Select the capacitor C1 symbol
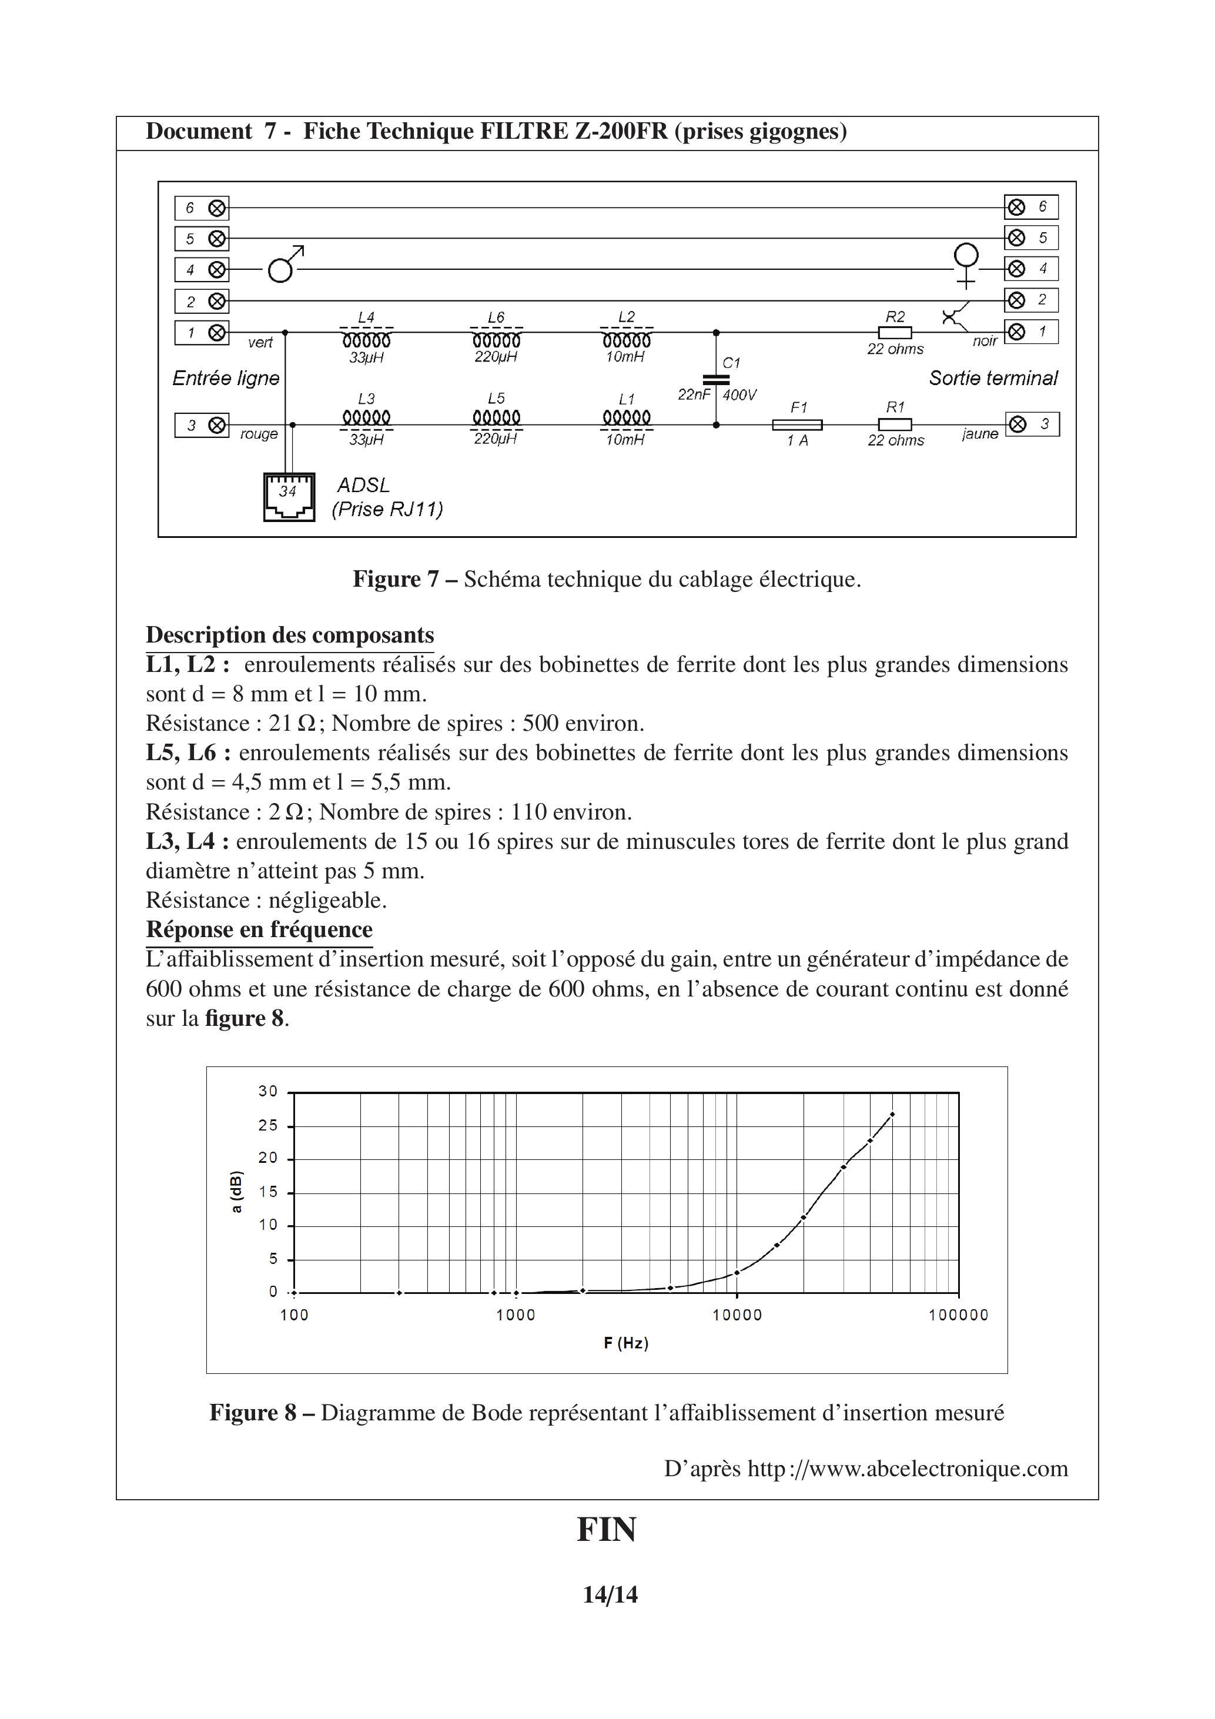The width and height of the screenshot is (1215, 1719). [x=717, y=380]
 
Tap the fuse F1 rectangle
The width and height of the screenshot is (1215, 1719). [x=797, y=425]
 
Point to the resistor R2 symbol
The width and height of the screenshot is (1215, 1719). [x=895, y=332]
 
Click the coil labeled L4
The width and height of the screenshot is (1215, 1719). [x=366, y=340]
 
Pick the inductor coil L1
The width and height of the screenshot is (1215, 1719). [x=627, y=417]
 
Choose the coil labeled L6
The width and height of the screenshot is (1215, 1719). [x=496, y=340]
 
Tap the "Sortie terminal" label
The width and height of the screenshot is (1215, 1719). [x=993, y=378]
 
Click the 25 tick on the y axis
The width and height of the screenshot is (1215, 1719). [x=268, y=1125]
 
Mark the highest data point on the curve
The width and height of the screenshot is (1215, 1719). [x=892, y=1115]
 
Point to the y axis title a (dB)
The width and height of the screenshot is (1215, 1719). [x=236, y=1191]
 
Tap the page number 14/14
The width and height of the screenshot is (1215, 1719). [x=610, y=1595]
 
